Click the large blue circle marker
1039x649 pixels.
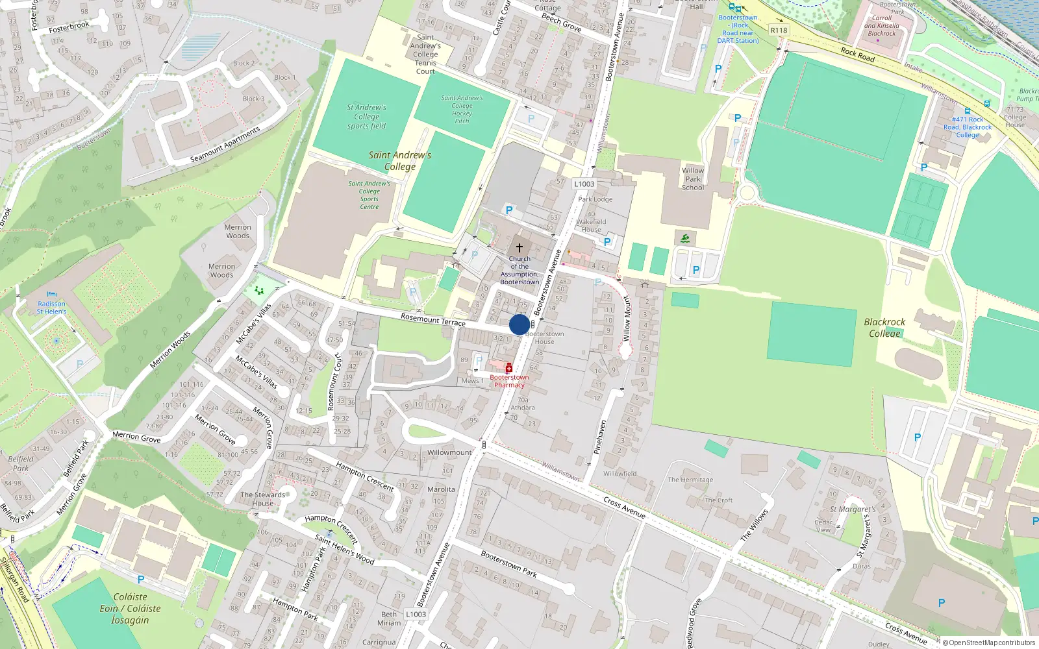tap(519, 324)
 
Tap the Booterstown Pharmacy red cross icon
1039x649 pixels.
tap(509, 368)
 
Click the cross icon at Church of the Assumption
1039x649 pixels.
tap(519, 247)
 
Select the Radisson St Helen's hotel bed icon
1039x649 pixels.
tap(52, 295)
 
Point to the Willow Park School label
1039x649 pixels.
tap(693, 179)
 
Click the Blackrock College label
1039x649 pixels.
tap(884, 327)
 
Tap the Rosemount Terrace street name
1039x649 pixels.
tap(433, 319)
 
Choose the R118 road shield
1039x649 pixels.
tap(779, 30)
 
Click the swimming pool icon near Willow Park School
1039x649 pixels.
tap(685, 238)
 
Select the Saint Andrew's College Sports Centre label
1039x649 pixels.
tap(369, 195)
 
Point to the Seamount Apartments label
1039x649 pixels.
tap(225, 144)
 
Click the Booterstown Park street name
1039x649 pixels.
tap(508, 563)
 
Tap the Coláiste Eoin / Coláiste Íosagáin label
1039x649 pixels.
tap(130, 608)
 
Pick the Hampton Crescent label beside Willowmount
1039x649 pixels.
tap(365, 476)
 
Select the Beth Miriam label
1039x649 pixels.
tap(389, 618)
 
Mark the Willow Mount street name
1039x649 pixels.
tap(627, 318)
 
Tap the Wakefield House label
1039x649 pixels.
tap(591, 225)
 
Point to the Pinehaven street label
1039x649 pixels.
tap(601, 436)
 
